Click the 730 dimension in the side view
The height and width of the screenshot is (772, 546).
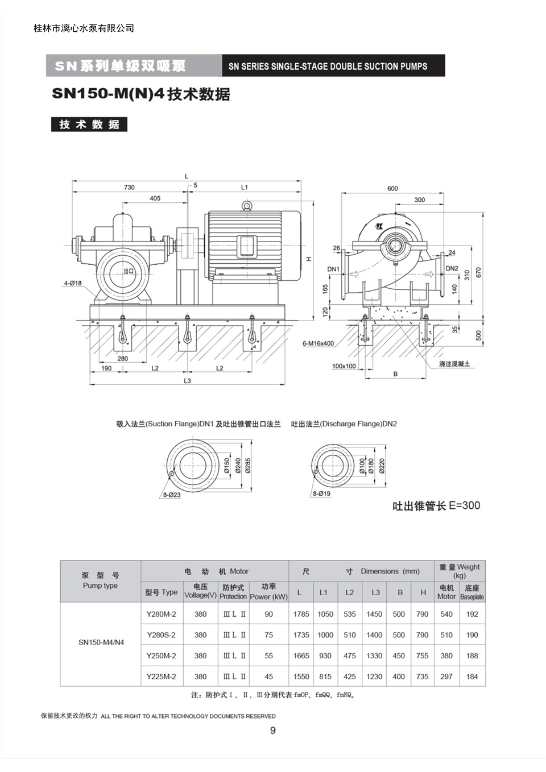tap(129, 187)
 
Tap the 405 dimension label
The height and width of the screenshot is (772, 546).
tap(155, 198)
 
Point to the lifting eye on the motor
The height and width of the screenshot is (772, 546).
tap(247, 205)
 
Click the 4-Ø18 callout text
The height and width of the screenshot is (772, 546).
tap(73, 283)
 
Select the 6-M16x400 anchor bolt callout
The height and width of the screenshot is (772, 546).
tap(318, 343)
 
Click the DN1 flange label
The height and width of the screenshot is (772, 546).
tap(333, 269)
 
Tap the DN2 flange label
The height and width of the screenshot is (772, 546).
tap(452, 268)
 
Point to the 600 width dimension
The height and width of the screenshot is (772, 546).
tap(392, 189)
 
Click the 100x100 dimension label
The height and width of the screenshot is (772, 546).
tap(344, 366)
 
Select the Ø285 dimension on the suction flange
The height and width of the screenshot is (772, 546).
tap(248, 465)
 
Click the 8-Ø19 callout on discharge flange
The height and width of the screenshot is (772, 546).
tap(321, 493)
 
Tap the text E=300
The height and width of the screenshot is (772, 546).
tap(465, 505)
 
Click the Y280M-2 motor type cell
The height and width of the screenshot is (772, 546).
tap(162, 614)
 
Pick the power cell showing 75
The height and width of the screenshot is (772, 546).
tap(269, 635)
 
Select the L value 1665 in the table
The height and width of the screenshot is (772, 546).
tap(301, 655)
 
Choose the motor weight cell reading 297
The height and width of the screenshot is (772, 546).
tap(446, 676)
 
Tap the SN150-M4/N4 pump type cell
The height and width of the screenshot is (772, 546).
tap(101, 642)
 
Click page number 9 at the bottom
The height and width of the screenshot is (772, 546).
tap(273, 731)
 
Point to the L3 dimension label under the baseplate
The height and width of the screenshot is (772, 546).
tap(187, 381)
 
